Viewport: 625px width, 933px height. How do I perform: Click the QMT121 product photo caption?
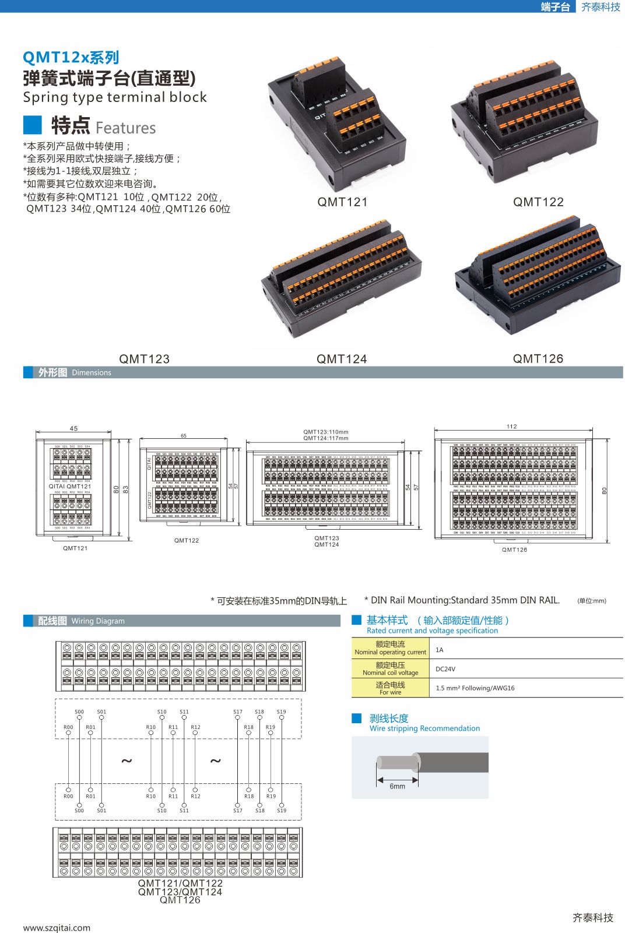click(342, 202)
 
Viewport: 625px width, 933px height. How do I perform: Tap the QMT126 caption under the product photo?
click(538, 358)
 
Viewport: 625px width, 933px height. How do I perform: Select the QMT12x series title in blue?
click(71, 57)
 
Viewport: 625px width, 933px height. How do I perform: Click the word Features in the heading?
click(125, 128)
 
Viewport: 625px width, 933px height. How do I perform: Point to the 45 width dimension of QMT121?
click(73, 428)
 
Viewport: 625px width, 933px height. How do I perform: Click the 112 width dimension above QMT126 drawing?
click(511, 427)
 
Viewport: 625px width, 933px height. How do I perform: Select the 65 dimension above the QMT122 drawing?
click(184, 436)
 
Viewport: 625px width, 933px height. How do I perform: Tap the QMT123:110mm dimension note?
click(325, 432)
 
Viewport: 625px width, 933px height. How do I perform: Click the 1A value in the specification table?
click(440, 650)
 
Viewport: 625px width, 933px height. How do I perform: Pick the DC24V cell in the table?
click(445, 669)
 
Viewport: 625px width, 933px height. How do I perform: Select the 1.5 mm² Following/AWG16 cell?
click(475, 688)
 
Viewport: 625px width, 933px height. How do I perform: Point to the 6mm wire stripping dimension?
click(397, 786)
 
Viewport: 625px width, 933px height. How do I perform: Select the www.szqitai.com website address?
click(57, 928)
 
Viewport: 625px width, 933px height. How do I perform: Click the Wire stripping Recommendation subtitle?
click(424, 728)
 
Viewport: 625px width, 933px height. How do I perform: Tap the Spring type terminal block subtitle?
click(115, 97)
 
